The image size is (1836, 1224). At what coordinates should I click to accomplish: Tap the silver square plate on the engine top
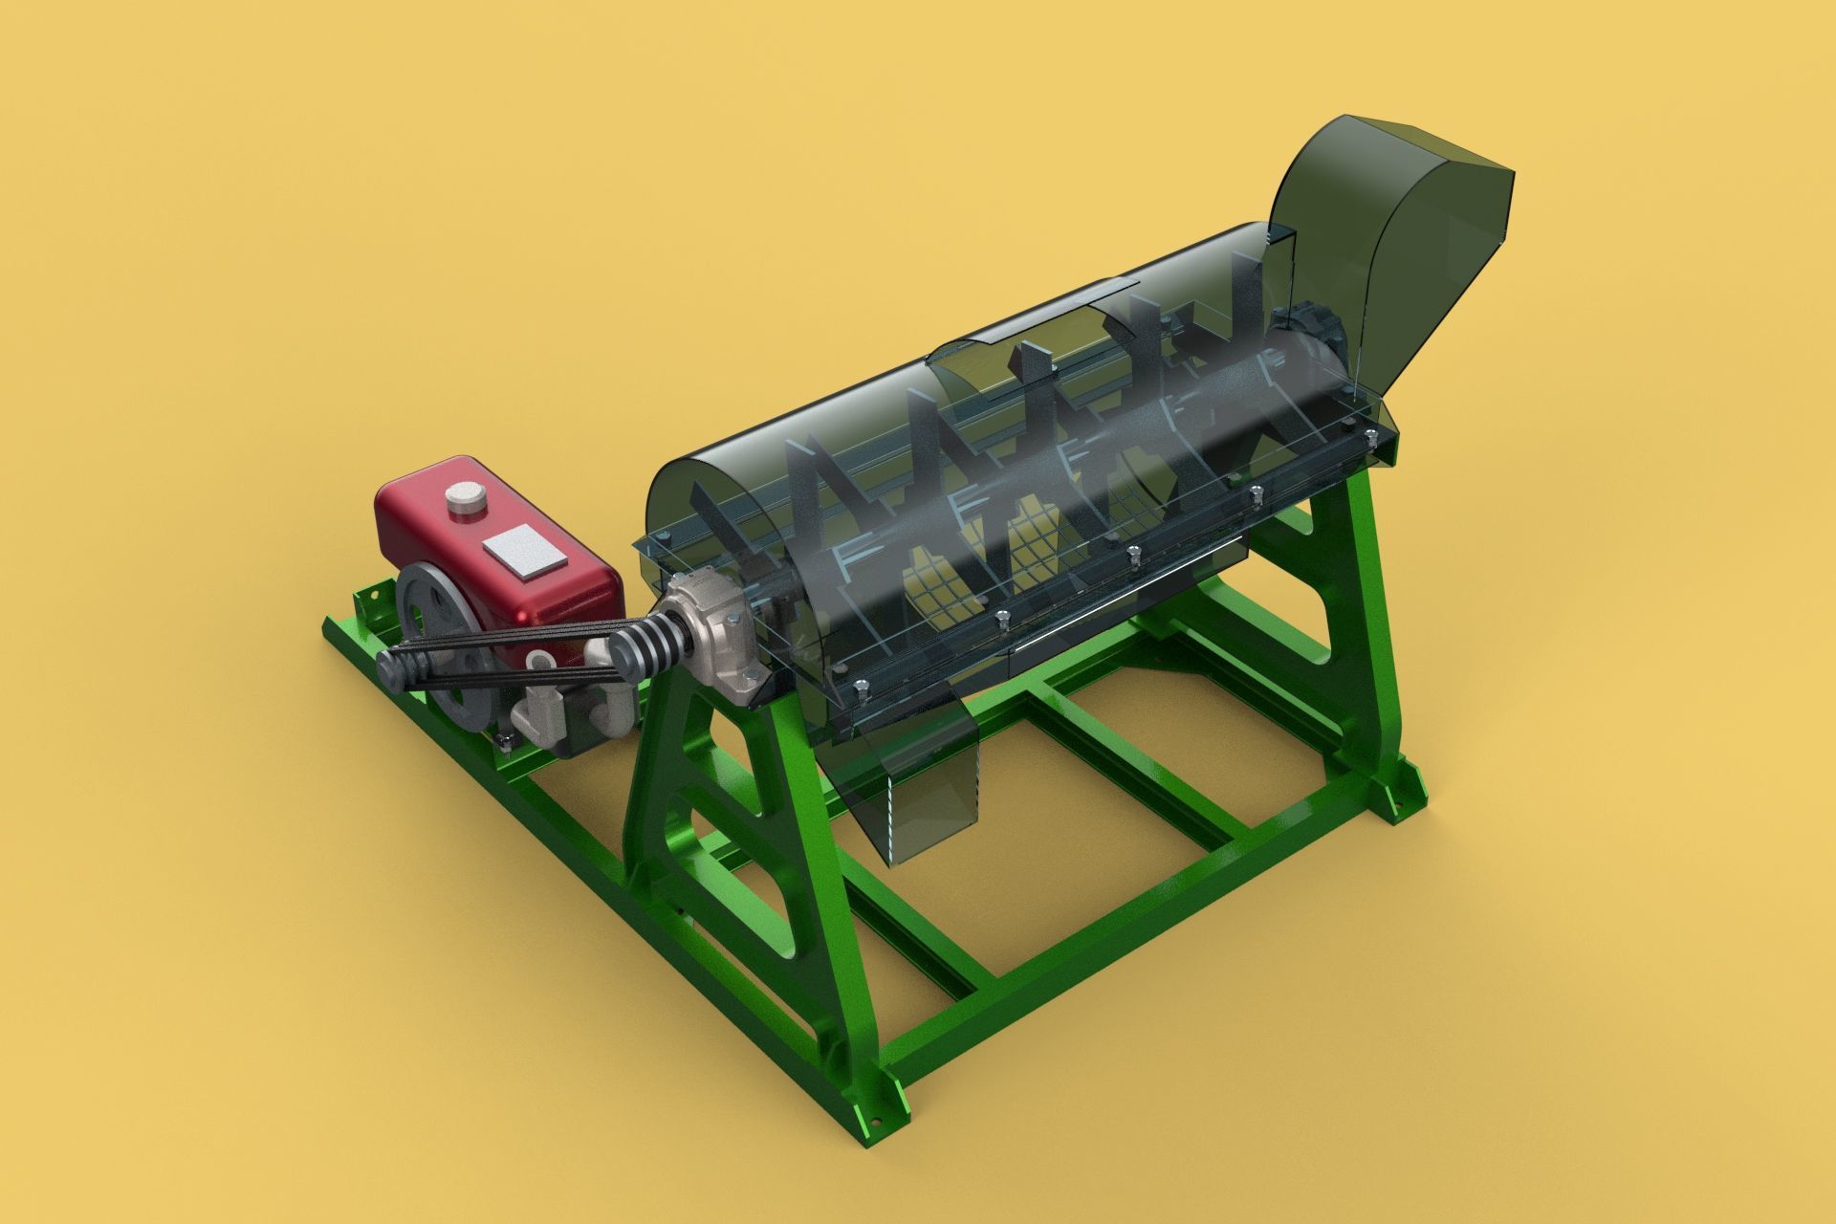pos(524,551)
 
